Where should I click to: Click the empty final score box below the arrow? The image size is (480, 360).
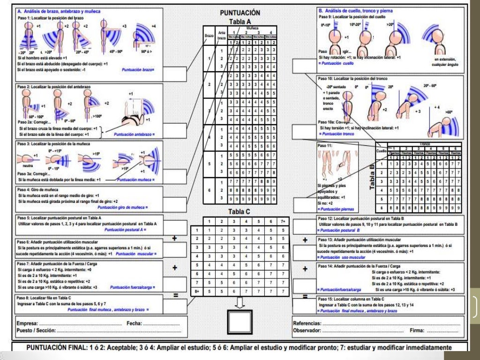click(x=240, y=322)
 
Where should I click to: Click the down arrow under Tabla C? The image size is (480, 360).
click(x=240, y=303)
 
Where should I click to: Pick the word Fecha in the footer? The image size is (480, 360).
click(x=135, y=323)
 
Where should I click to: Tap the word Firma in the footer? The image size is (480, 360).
click(x=417, y=330)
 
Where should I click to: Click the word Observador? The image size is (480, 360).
click(x=307, y=330)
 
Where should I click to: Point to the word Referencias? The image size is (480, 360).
click(x=307, y=323)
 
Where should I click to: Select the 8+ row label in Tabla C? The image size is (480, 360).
click(x=197, y=291)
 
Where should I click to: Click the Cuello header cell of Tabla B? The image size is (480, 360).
click(x=381, y=151)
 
